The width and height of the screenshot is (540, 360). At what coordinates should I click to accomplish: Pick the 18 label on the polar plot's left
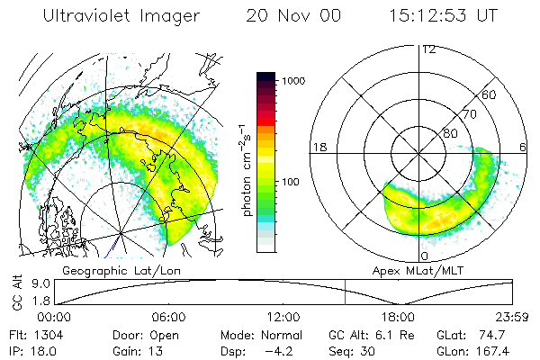(x=318, y=147)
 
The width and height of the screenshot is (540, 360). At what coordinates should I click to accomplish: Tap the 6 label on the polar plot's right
(x=524, y=147)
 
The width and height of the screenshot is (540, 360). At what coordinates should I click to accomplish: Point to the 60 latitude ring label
(x=490, y=94)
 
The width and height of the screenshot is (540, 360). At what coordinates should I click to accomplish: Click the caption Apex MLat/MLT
(x=409, y=269)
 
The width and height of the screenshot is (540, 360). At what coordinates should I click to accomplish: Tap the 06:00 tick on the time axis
(x=169, y=317)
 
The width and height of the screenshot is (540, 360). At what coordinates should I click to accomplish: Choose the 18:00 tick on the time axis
(x=398, y=317)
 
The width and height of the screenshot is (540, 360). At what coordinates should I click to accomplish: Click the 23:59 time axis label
(x=512, y=317)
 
